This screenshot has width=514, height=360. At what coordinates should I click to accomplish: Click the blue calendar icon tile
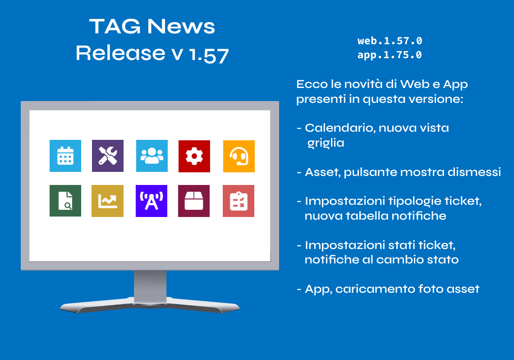65,156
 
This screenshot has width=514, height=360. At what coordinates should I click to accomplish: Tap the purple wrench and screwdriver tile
107,156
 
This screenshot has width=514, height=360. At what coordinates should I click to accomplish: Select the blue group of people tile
152,156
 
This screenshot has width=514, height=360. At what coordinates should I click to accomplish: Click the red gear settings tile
194,156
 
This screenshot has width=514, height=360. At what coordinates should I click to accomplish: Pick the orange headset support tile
239,156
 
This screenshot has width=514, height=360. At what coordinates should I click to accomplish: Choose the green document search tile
65,201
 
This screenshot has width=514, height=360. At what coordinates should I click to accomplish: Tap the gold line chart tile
107,201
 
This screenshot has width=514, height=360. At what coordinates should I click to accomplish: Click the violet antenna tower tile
151,201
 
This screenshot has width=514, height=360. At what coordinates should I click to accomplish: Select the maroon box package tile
194,201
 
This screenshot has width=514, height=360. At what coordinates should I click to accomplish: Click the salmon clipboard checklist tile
239,201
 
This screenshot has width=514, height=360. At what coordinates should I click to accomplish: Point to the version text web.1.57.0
390,41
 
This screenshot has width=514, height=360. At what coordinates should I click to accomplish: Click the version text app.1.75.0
390,55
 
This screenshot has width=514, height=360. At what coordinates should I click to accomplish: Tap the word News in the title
181,26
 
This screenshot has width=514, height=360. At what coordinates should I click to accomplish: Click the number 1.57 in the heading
209,55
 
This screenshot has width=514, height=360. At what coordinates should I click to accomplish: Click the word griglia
326,143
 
